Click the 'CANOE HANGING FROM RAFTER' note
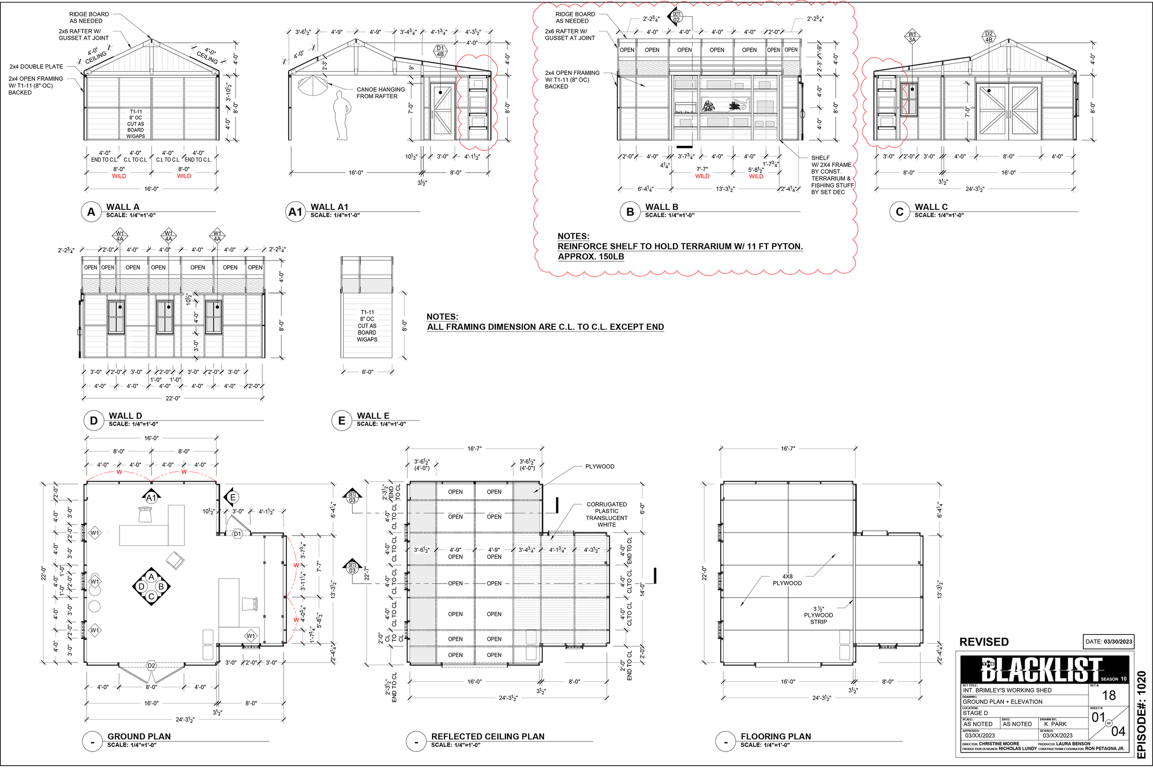(x=380, y=93)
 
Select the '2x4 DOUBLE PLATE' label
(x=36, y=67)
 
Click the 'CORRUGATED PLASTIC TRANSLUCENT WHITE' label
(x=606, y=515)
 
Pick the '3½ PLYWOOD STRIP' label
(x=818, y=616)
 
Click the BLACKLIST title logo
(x=1041, y=669)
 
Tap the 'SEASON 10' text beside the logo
(x=1114, y=679)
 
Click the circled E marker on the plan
(x=233, y=497)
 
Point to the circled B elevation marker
(x=161, y=586)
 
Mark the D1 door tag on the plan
(x=238, y=534)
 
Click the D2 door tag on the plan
(x=151, y=666)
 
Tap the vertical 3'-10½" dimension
(x=229, y=92)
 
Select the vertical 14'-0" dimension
(x=642, y=590)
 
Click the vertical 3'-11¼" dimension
(x=303, y=581)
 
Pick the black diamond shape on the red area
(x=912, y=36)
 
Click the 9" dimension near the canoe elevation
(x=411, y=67)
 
